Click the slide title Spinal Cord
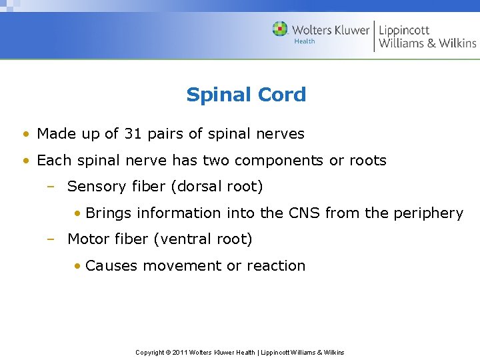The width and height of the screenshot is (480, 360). pyautogui.click(x=246, y=95)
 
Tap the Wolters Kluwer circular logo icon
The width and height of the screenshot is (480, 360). pyautogui.click(x=280, y=29)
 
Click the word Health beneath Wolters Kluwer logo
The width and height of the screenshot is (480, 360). pyautogui.click(x=304, y=41)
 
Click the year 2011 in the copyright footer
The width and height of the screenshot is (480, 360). pyautogui.click(x=180, y=352)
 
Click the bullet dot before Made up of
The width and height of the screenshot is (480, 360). pyautogui.click(x=25, y=135)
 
